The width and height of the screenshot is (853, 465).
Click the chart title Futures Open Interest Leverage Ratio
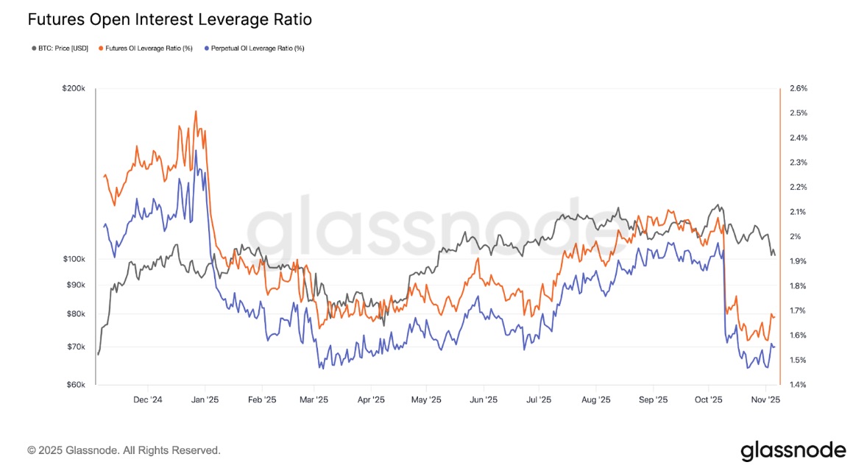tap(170, 20)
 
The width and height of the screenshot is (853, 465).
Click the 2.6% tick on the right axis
tap(798, 88)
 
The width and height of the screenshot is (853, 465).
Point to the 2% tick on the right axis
tap(796, 237)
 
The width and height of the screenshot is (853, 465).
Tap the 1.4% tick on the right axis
tap(798, 385)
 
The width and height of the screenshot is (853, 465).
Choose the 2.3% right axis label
tap(798, 163)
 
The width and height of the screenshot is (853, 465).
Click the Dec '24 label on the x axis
tap(147, 400)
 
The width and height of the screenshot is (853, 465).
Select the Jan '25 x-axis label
tap(204, 400)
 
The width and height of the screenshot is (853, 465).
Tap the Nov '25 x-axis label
tap(765, 400)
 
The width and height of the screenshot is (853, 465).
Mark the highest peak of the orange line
tap(195, 112)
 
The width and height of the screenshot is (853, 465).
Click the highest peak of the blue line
tap(196, 151)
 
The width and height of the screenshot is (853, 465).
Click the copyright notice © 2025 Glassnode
tap(124, 450)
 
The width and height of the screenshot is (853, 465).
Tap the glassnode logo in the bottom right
tap(793, 450)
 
